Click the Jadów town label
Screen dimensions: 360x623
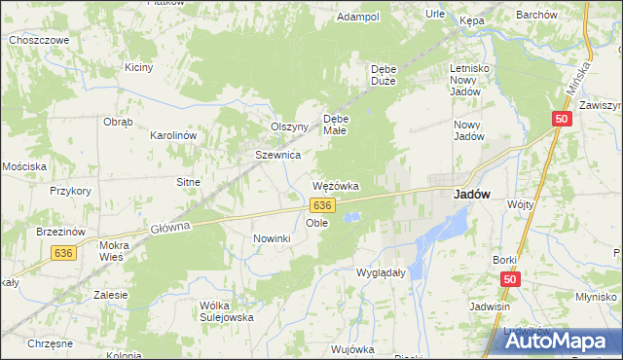click(x=471, y=194)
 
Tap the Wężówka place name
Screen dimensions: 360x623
click(x=336, y=185)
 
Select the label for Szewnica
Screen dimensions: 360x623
click(x=277, y=155)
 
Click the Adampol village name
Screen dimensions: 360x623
click(x=357, y=18)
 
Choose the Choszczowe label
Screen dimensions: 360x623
click(x=38, y=40)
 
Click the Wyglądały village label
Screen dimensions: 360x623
click(x=381, y=273)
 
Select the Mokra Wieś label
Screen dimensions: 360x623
click(x=121, y=252)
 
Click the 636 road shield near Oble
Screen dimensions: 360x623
click(x=323, y=205)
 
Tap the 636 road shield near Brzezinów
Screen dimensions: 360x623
click(x=64, y=253)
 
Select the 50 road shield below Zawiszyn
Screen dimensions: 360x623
click(x=561, y=119)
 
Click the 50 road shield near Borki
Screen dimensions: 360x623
click(x=510, y=279)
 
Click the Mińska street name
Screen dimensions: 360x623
click(x=582, y=74)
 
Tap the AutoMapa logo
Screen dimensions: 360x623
click(x=560, y=340)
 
